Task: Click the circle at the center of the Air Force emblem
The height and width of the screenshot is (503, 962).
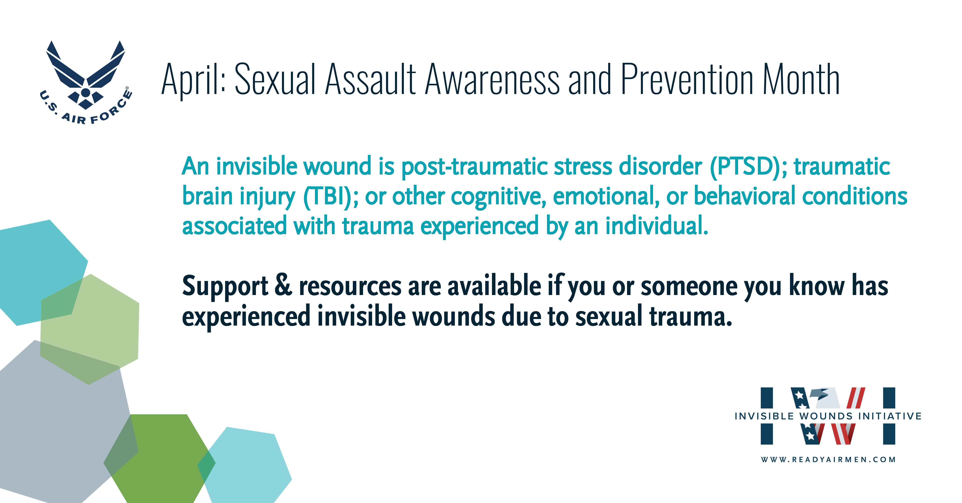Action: [x=85, y=92]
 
